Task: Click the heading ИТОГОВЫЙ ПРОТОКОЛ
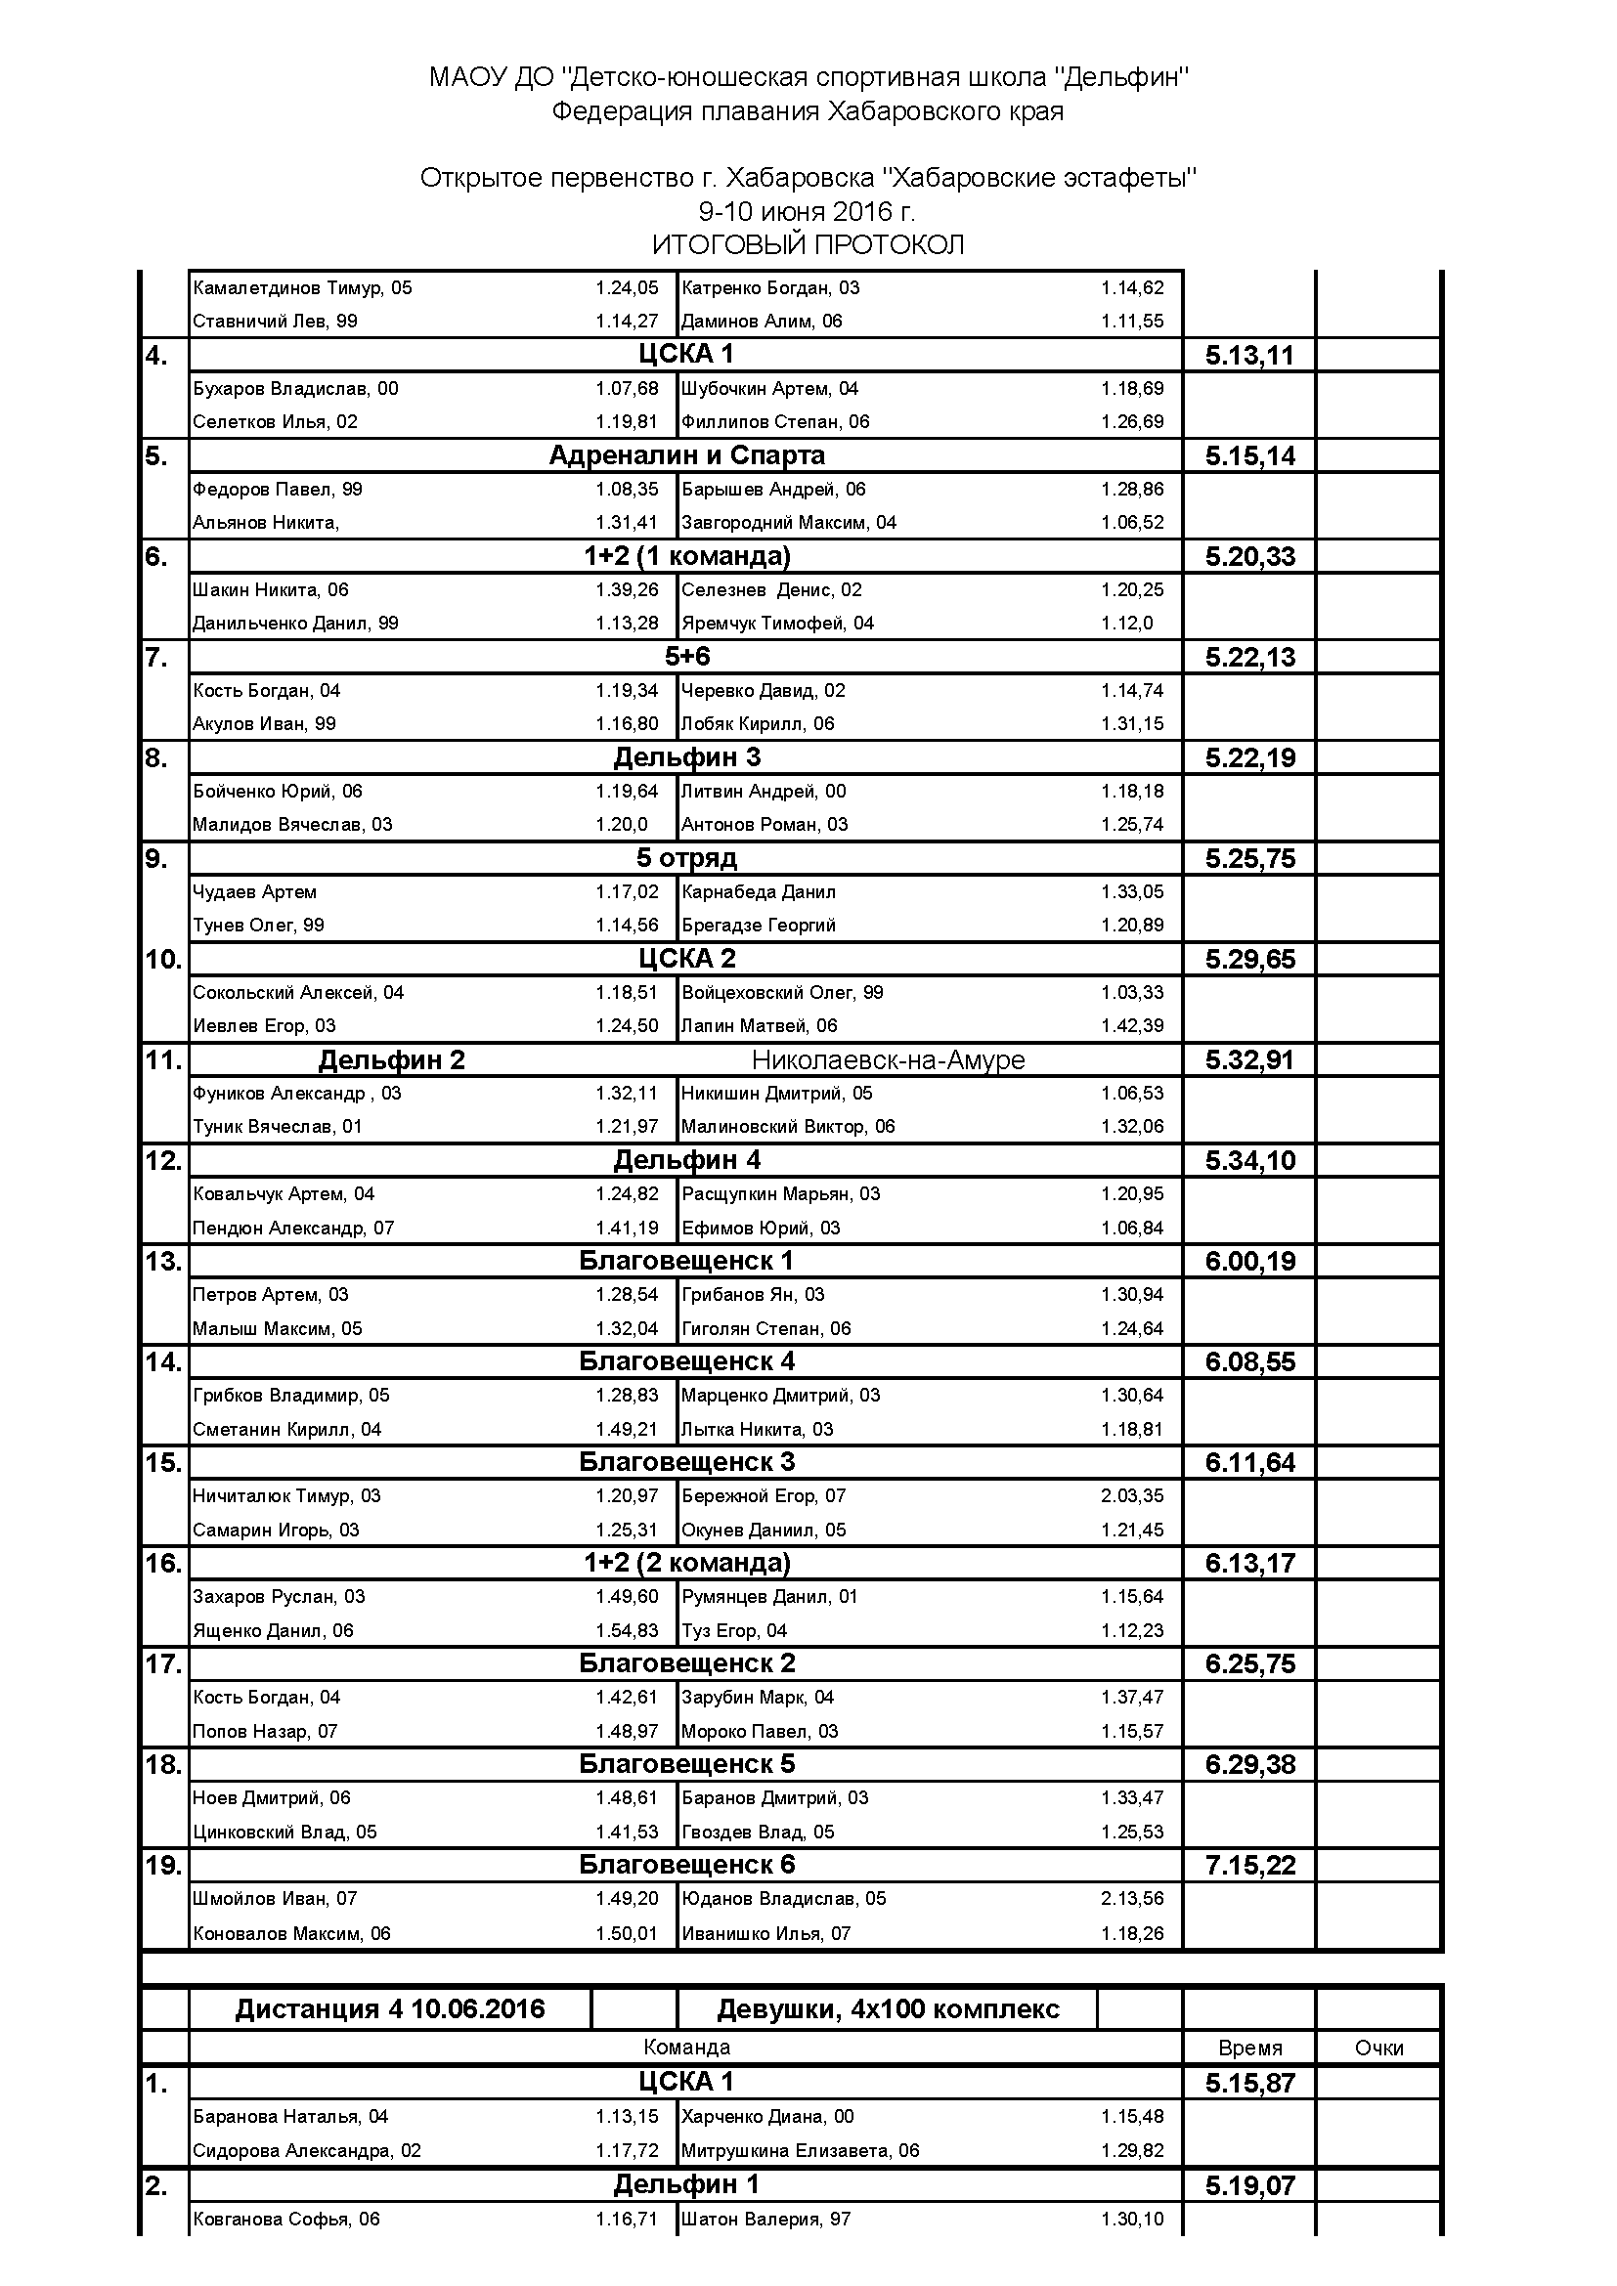coord(808,245)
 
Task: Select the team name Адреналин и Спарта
coord(687,456)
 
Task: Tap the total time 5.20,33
coord(1249,556)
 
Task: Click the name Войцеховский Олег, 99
coord(782,993)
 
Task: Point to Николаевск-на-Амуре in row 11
coord(888,1060)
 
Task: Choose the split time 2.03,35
coord(1132,1495)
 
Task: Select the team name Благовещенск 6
coord(687,1865)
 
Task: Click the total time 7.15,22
coord(1249,1866)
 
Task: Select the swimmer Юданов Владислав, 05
coord(784,1899)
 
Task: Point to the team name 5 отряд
coord(687,858)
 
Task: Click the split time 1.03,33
coord(1132,993)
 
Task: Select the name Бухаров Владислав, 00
coord(294,388)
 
